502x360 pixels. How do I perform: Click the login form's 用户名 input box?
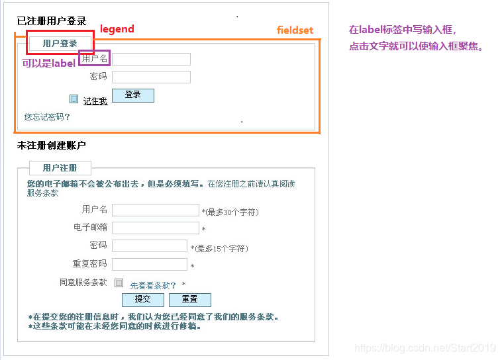[152, 59]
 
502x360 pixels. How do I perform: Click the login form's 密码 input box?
[152, 77]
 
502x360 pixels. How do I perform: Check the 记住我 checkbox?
[74, 99]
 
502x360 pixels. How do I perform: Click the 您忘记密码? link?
[47, 117]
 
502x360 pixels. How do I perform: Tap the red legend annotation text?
[117, 29]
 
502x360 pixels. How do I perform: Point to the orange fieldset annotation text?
[295, 30]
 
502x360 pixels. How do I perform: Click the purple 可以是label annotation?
[48, 64]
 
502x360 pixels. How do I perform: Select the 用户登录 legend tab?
[60, 44]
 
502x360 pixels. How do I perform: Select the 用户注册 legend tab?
[60, 168]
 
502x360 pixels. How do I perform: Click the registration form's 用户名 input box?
[156, 210]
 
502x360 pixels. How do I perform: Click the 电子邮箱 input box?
[156, 228]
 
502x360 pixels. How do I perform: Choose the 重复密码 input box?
[150, 264]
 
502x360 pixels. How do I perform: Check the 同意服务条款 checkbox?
[119, 283]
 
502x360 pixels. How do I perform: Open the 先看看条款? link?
[153, 286]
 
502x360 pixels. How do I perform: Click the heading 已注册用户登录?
[52, 22]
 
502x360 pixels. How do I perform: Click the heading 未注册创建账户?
[52, 146]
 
